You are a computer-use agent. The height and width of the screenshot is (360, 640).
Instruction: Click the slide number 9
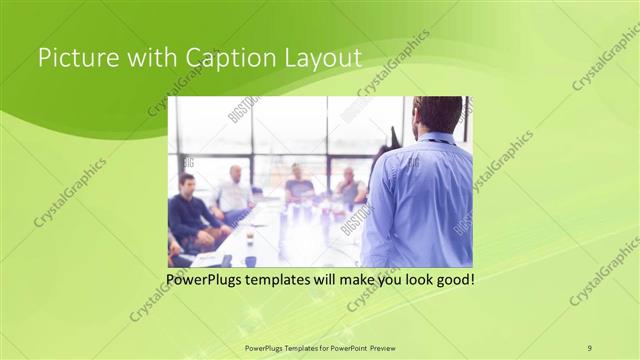[589, 347]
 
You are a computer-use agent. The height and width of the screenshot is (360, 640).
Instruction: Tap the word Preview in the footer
[388, 347]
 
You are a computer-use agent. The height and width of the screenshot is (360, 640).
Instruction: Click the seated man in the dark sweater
[190, 212]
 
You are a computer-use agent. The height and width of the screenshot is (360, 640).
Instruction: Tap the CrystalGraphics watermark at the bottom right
[604, 270]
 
